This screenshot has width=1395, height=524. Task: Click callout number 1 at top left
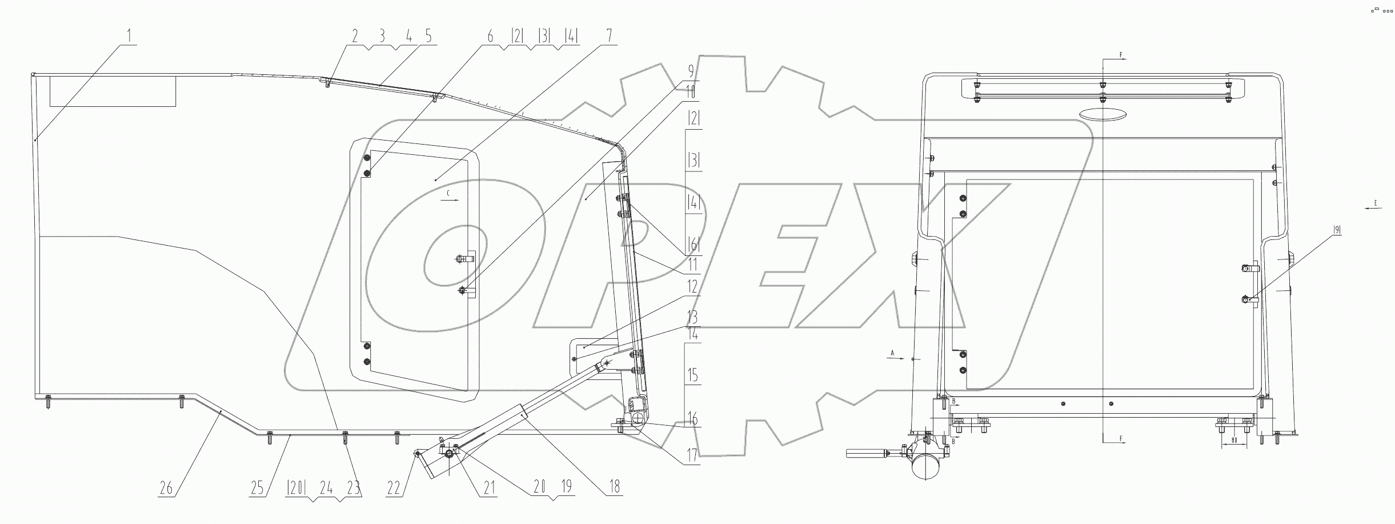coord(129,36)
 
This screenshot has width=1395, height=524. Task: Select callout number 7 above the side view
coord(609,36)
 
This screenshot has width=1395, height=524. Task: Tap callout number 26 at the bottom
coord(166,488)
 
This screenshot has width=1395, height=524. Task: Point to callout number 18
coord(615,487)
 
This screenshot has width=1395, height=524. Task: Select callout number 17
coord(692,455)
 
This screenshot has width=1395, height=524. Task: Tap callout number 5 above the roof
coord(428,36)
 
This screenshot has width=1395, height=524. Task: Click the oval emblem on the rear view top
coord(1103,114)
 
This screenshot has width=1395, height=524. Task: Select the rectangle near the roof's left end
coord(113,91)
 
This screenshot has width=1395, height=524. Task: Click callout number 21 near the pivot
coord(488,487)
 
